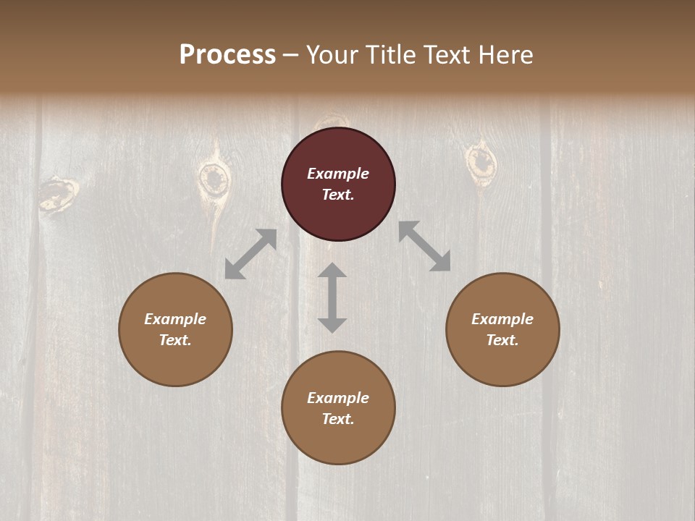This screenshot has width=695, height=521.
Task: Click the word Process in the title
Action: click(227, 55)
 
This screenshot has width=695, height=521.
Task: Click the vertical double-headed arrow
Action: click(332, 297)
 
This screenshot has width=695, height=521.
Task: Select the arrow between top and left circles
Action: click(250, 254)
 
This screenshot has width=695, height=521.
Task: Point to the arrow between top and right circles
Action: click(424, 246)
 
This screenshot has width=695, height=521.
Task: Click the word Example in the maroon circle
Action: click(338, 174)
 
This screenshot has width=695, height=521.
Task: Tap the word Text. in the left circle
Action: click(175, 340)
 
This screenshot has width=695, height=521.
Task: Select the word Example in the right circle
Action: click(502, 319)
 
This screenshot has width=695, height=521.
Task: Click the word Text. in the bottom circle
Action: click(338, 419)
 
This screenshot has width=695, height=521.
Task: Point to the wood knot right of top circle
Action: click(479, 162)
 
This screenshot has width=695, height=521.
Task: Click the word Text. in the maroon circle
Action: click(338, 195)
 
